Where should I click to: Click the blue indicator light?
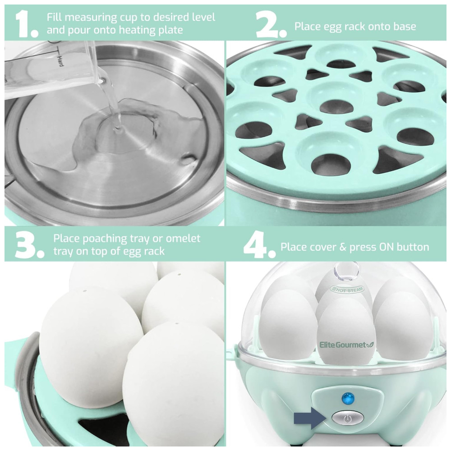[348, 398]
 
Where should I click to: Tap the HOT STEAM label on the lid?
[347, 290]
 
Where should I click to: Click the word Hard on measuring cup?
[60, 61]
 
